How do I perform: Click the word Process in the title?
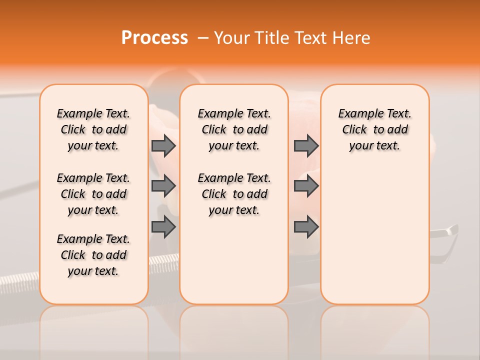pos(154,38)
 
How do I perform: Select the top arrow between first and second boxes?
pos(163,146)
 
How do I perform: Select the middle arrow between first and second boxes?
pos(163,186)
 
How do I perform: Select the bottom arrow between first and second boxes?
pos(163,227)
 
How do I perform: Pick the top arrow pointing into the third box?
pos(306,146)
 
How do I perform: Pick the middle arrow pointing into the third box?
pos(306,186)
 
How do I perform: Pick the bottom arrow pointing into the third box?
pos(306,227)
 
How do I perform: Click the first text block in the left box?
pos(93,129)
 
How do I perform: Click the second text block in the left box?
pos(93,194)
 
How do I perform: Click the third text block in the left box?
pos(93,255)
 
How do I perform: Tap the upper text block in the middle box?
pos(234,129)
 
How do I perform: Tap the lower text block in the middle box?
pos(234,194)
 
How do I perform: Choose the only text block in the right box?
pos(374,129)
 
